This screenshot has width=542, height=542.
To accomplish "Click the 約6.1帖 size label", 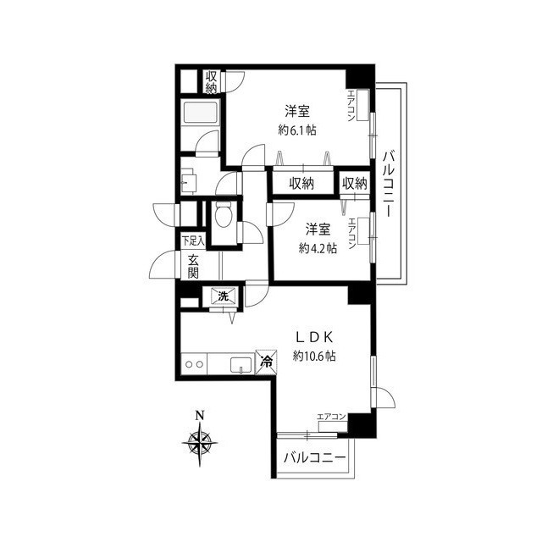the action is click(x=297, y=130).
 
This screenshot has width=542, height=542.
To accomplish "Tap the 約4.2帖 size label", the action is click(x=318, y=248).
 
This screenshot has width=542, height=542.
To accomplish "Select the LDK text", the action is click(x=314, y=337).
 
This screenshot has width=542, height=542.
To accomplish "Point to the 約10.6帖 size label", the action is click(x=314, y=356).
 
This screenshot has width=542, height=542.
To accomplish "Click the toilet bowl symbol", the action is click(x=223, y=215).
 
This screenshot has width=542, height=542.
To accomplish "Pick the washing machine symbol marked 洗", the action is click(x=224, y=296).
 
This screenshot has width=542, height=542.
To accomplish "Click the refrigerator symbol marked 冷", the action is click(x=266, y=362).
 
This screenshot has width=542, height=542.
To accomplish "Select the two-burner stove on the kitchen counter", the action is click(x=194, y=364).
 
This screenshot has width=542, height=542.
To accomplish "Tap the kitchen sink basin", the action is click(x=241, y=366).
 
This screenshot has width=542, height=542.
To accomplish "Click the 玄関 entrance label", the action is click(x=193, y=266).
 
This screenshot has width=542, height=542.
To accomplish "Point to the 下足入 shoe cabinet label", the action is click(x=193, y=241).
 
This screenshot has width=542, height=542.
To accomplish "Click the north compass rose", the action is click(x=200, y=443).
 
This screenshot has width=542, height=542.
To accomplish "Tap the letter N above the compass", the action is click(x=200, y=414).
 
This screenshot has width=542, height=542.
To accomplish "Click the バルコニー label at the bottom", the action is click(x=314, y=458).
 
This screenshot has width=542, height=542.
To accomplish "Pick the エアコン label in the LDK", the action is click(x=331, y=417).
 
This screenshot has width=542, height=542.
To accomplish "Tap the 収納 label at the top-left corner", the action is click(x=211, y=82).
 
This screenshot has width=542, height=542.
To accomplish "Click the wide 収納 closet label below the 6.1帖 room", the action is click(x=301, y=184).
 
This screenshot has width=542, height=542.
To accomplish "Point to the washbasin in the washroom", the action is click(x=189, y=181).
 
